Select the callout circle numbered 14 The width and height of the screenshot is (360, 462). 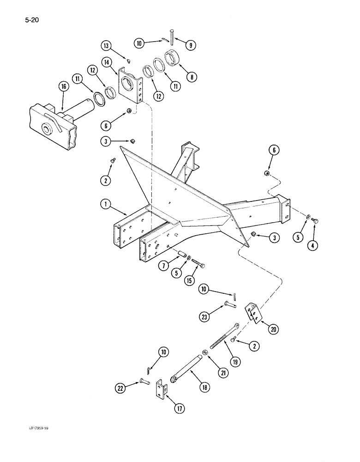(108, 61)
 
